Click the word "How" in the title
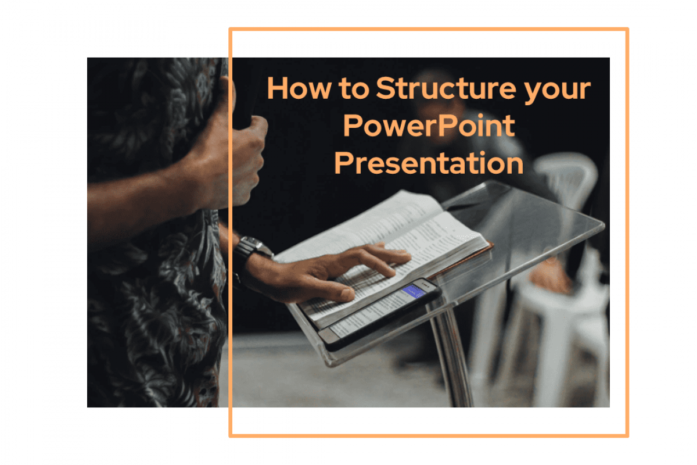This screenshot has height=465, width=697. coord(289,89)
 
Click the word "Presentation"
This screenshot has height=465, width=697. coord(429,163)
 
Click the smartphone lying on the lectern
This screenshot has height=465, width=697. coord(380,314)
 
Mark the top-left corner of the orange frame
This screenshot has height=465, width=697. coord(231,29)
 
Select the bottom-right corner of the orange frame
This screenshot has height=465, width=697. coord(627,435)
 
